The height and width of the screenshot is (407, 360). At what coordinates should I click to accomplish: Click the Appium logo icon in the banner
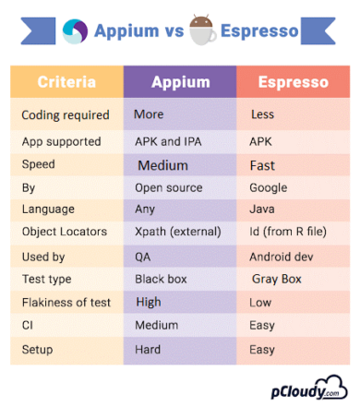tap(74, 30)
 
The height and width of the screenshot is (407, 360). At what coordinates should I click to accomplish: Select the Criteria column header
tap(66, 82)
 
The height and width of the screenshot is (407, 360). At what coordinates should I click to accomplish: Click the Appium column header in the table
tap(179, 82)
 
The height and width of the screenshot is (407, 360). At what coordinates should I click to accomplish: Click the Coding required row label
tap(65, 115)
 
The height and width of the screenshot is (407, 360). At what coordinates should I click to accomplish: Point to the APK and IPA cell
tap(166, 143)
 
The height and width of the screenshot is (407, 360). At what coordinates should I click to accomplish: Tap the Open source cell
tap(168, 188)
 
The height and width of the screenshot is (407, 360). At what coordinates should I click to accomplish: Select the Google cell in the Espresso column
tap(269, 188)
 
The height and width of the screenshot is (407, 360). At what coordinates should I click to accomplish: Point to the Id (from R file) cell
tap(289, 232)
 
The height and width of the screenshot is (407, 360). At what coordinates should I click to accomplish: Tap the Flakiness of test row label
tap(66, 302)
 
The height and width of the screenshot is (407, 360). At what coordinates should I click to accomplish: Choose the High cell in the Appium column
tap(148, 302)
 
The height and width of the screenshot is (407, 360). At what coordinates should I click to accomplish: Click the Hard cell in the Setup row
tap(148, 350)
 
